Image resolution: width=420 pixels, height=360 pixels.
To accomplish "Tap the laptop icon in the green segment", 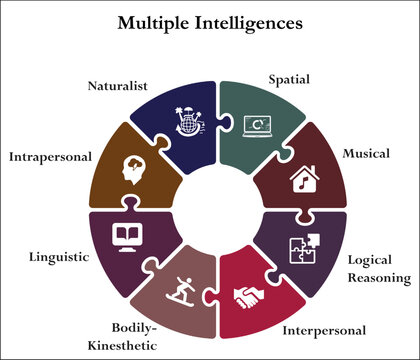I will pos(257,124).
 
